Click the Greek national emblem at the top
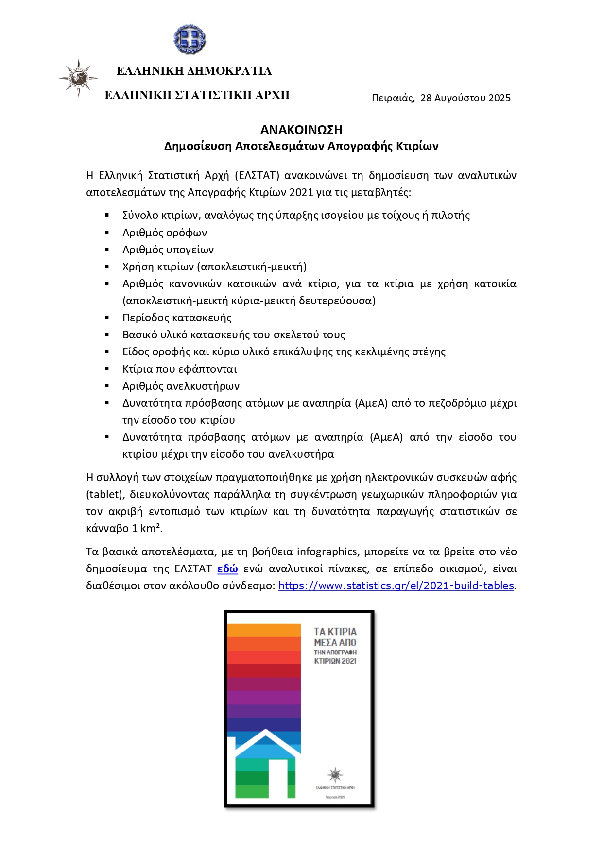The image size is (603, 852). tap(190, 39)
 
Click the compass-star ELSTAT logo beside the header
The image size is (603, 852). tap(78, 78)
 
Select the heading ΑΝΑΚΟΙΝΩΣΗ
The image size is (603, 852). tap(301, 130)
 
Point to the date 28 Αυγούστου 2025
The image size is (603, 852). tap(465, 98)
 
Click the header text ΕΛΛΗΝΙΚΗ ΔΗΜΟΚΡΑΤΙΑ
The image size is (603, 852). tap(194, 71)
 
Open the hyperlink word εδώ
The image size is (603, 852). tap(227, 569)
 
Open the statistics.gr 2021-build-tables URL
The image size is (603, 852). tap(396, 586)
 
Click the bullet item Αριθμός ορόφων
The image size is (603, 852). tap(165, 233)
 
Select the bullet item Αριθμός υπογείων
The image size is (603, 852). tap(168, 250)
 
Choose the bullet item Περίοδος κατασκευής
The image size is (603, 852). tap(177, 317)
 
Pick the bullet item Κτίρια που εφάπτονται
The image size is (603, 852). tap(180, 369)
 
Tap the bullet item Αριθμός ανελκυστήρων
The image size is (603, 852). tap(181, 386)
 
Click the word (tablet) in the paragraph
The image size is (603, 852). tap(103, 494)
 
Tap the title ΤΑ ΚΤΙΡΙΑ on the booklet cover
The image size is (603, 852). tap(335, 632)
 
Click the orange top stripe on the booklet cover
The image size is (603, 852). tap(264, 630)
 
